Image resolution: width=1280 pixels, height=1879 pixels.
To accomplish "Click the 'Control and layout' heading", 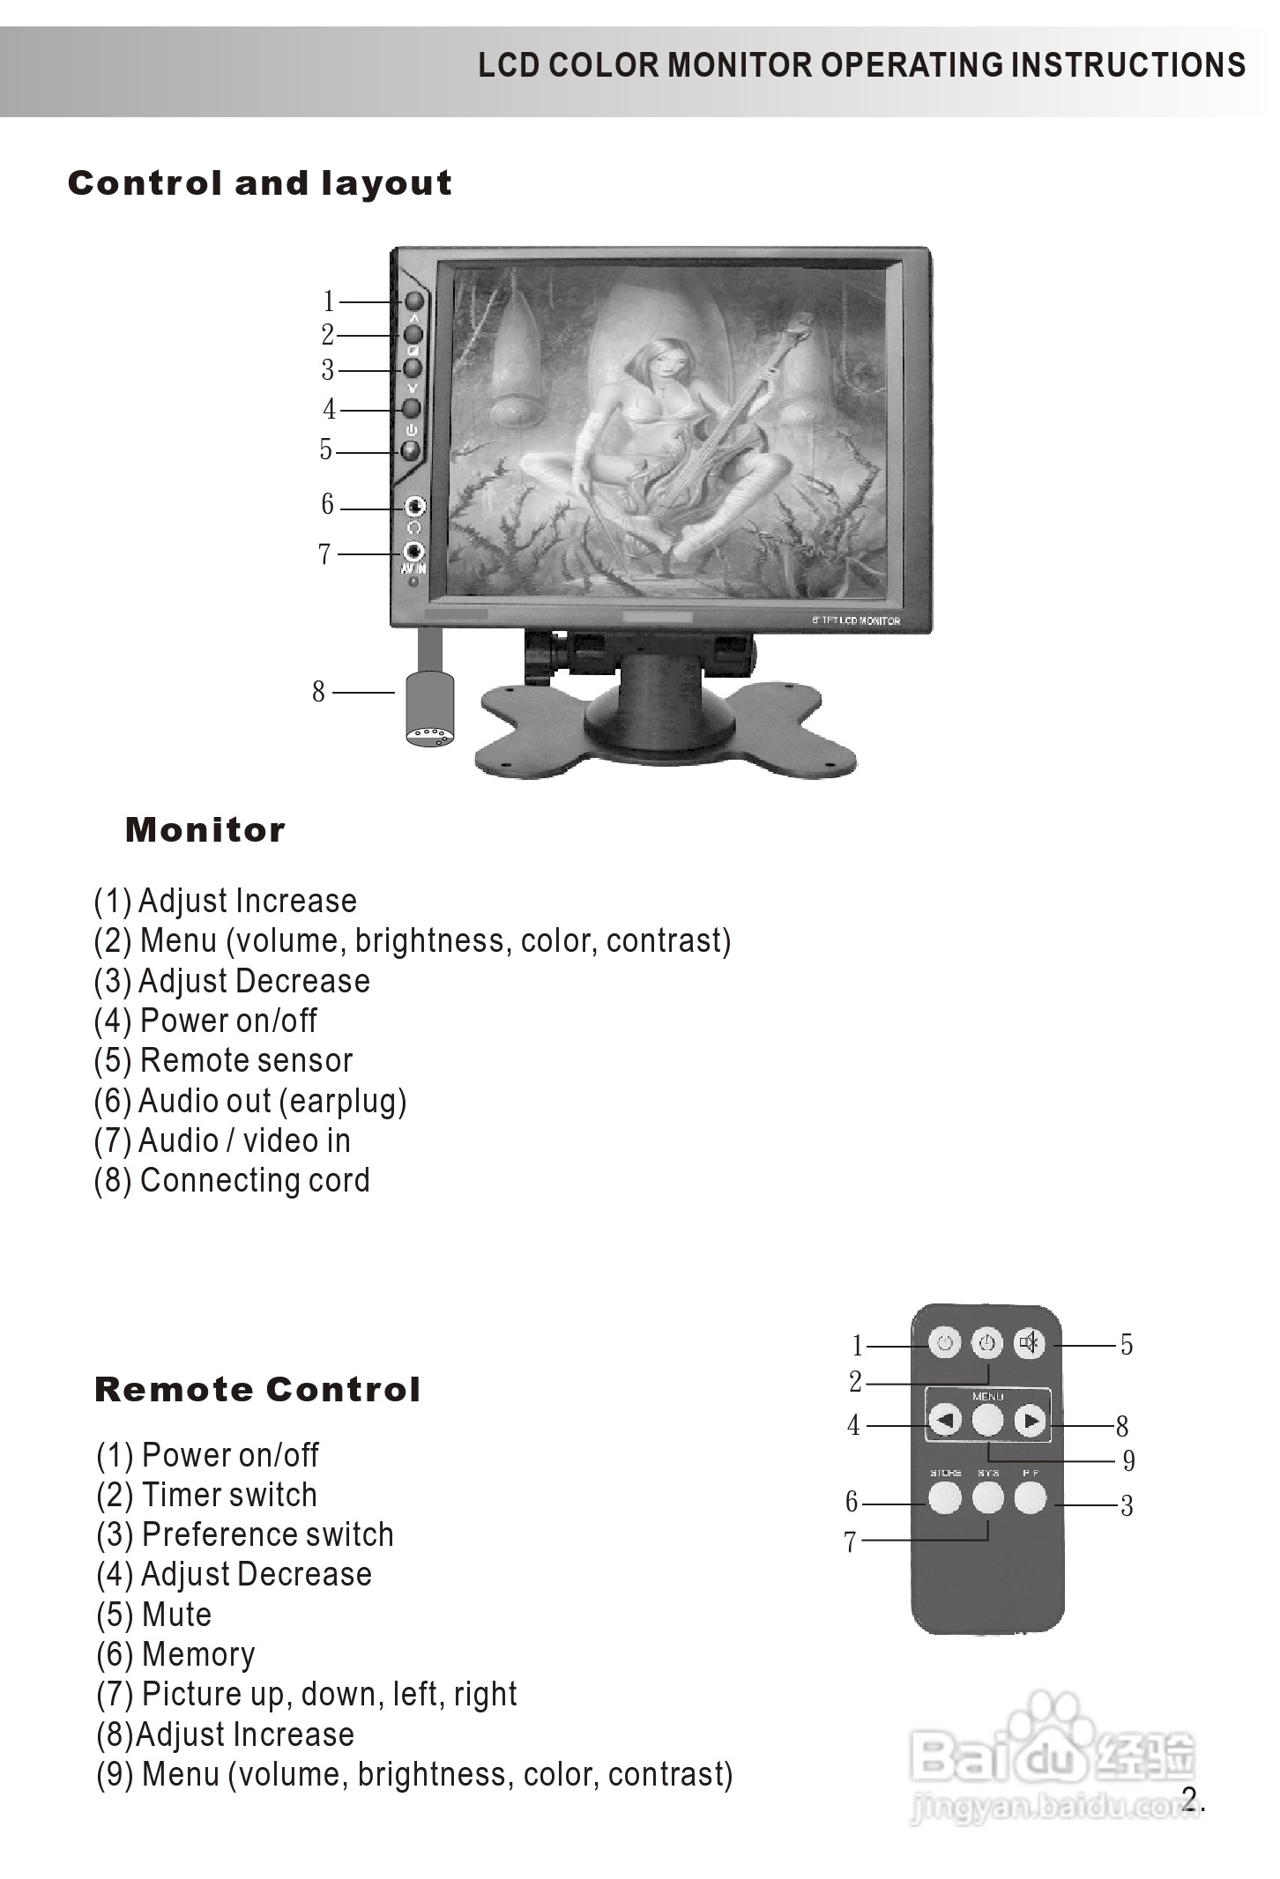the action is point(259,183).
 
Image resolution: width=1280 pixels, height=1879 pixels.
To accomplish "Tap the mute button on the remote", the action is point(1028,1344).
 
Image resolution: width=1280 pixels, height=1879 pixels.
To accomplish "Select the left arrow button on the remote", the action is point(945,1420).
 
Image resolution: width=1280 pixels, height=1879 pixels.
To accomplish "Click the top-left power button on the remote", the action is point(945,1344).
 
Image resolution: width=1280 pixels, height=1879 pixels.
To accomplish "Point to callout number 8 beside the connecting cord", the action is point(318,692).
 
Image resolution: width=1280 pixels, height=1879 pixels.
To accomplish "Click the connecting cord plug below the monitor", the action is point(429,709).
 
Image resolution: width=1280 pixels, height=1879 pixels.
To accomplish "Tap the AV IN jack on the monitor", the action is point(413,552).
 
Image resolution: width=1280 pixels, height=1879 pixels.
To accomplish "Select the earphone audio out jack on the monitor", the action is point(414,507).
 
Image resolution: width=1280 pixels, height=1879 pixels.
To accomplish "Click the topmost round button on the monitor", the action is point(413,301).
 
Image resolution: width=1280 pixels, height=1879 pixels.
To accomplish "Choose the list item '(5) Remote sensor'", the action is point(224,1060).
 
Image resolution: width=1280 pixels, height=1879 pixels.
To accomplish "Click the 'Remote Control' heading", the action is point(257,1390).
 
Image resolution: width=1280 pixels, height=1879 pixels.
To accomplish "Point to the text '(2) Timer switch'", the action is point(206,1495).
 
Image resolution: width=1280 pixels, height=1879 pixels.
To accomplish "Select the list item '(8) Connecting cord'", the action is point(232,1180).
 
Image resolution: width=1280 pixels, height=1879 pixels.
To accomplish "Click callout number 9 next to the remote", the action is point(1128,1460).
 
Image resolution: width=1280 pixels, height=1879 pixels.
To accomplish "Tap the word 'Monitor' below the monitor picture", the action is point(205,830).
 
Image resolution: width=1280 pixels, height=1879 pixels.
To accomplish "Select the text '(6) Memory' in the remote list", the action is point(175,1654).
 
